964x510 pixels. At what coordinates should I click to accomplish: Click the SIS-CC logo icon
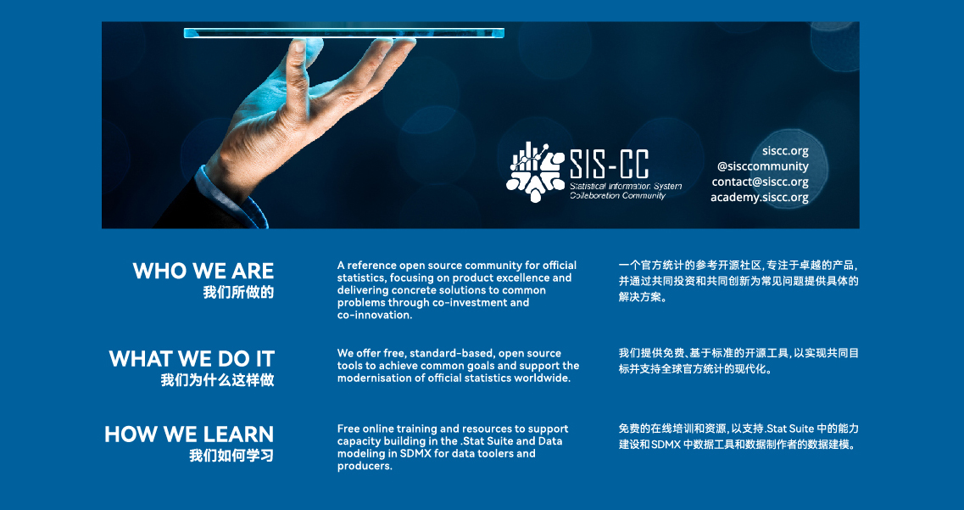click(535, 171)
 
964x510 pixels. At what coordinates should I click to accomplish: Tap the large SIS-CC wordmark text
click(609, 164)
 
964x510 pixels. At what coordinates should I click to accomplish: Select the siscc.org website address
click(785, 151)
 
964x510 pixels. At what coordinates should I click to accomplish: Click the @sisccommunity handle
click(762, 166)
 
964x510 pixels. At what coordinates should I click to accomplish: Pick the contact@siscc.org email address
click(760, 182)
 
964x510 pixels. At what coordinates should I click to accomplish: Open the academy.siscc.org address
click(760, 198)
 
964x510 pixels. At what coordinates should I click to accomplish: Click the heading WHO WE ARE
click(203, 271)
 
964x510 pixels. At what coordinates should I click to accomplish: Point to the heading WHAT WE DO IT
click(192, 359)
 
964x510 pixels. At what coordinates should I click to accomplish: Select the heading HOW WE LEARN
click(189, 434)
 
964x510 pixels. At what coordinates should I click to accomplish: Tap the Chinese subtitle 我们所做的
click(238, 292)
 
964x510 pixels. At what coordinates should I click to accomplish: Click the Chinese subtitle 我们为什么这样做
click(218, 380)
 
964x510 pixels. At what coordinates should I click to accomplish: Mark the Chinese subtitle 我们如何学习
click(231, 456)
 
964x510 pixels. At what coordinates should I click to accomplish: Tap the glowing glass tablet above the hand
click(343, 32)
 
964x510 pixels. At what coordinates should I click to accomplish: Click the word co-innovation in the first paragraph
click(374, 315)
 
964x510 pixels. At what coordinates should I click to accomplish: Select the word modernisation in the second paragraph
click(373, 378)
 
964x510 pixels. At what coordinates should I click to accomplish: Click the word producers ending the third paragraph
click(364, 467)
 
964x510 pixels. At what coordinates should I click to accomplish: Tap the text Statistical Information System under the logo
click(625, 187)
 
